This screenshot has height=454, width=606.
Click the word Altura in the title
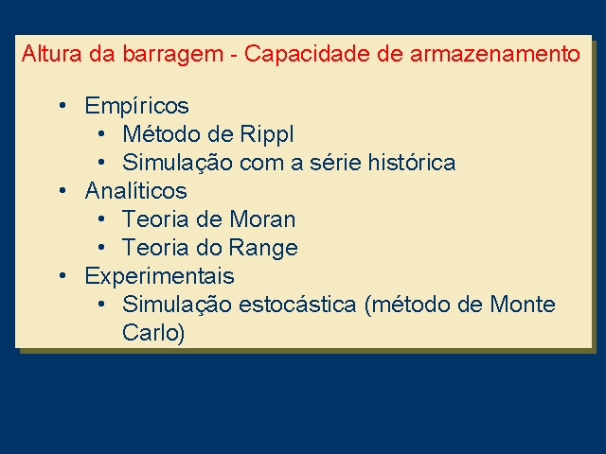51,53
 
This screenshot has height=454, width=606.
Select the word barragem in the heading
173,55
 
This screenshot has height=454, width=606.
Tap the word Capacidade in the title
307,55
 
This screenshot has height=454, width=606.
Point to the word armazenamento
495,53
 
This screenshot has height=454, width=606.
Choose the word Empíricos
136,106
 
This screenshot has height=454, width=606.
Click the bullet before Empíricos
62,105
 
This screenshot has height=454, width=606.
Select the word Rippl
267,134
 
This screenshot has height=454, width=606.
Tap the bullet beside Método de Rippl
101,133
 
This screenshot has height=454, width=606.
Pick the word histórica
412,162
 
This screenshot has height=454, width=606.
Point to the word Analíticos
136,190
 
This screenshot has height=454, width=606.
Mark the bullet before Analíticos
62,190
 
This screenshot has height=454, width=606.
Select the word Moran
262,218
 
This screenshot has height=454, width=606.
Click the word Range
263,249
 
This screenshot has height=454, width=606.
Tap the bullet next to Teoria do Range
101,247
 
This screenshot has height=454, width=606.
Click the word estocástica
297,304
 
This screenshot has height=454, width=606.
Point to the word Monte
523,304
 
